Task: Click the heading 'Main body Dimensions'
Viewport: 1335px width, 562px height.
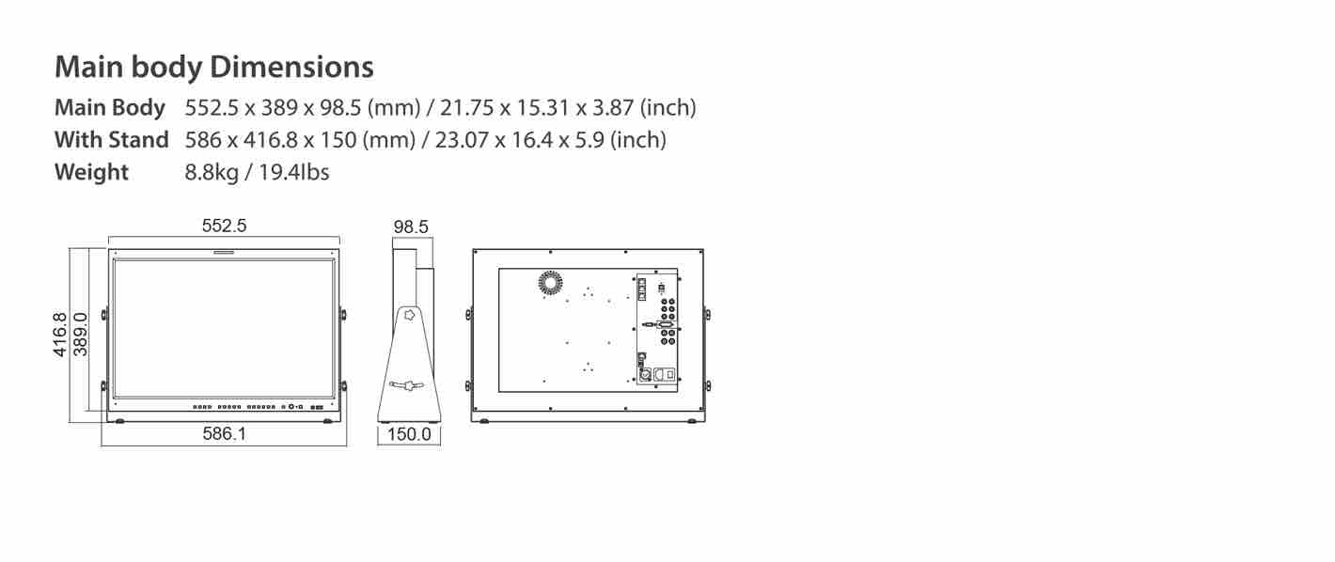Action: click(x=214, y=67)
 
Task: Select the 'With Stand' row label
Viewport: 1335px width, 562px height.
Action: click(x=112, y=140)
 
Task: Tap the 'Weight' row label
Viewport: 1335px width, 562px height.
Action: click(x=91, y=173)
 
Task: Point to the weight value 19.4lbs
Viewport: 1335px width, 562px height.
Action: click(x=294, y=172)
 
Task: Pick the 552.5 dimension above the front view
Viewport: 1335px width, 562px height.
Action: click(x=224, y=226)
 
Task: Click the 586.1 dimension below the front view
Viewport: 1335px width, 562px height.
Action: click(x=224, y=433)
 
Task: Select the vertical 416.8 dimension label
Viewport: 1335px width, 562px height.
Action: click(x=59, y=335)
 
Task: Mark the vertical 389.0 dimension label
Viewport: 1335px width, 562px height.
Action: click(x=80, y=335)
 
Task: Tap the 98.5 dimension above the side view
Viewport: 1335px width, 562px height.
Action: click(x=411, y=226)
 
